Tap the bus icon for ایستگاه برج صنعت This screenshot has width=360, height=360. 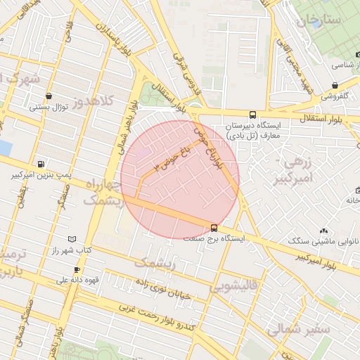(x=214, y=228)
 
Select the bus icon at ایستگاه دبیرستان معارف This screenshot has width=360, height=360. (x=252, y=115)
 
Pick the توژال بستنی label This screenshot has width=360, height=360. (x=48, y=108)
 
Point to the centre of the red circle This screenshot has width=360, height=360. (x=179, y=180)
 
